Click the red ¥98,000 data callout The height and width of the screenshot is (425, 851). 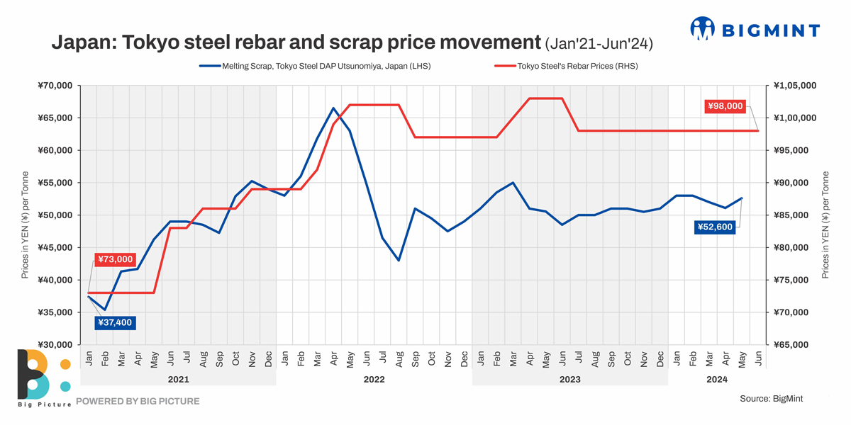coord(725,106)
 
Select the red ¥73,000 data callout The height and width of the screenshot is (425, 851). coord(114,260)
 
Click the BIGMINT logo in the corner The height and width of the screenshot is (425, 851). coord(755,29)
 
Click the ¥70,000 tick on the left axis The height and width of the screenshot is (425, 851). coord(55,86)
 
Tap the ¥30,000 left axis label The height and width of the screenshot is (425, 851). coord(55,345)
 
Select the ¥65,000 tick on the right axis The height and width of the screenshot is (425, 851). coord(794,345)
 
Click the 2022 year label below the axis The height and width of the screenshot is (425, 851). coord(374,380)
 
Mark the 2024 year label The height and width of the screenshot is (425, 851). coord(717,380)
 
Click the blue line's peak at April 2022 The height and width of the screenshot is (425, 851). coord(333,108)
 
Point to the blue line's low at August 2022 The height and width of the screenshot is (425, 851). coord(399,260)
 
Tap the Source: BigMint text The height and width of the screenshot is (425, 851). coord(771,399)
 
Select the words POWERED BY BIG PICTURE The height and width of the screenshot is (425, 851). coord(138,401)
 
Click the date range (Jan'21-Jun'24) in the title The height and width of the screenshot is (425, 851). coord(599,44)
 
